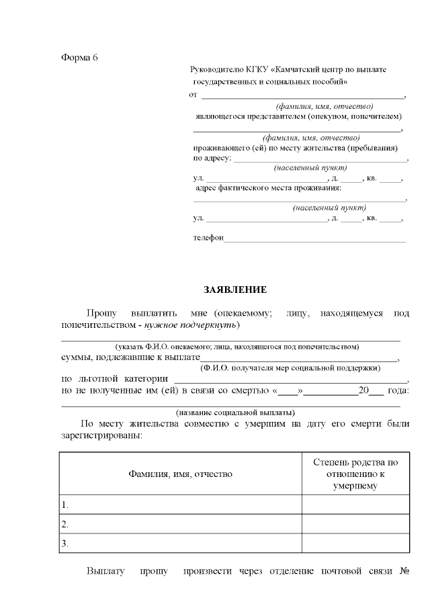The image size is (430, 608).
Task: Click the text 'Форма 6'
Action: click(x=79, y=56)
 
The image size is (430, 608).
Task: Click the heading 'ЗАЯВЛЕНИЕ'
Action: click(x=235, y=290)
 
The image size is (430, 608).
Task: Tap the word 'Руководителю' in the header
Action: click(x=217, y=70)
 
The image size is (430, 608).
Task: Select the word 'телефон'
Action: click(x=208, y=238)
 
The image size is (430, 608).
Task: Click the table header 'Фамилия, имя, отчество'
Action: click(x=180, y=474)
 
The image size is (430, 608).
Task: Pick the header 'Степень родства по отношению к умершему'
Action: click(x=355, y=474)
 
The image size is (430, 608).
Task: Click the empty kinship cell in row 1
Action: click(x=355, y=505)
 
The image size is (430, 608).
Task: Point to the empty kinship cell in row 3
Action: click(x=355, y=544)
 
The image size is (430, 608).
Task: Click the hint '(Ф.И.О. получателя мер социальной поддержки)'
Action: click(x=290, y=367)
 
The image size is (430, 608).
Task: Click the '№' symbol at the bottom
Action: click(x=404, y=572)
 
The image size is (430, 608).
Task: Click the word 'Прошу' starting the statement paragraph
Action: click(x=101, y=313)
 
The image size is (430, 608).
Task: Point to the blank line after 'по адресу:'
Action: click(x=320, y=159)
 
